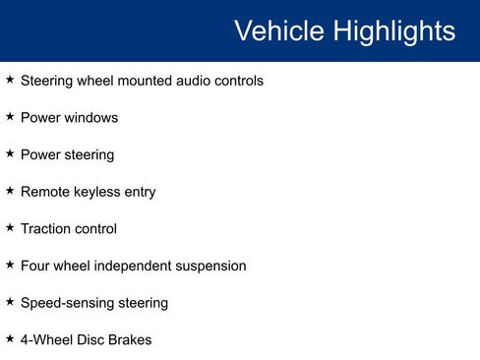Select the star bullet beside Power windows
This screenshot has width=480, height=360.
[x=10, y=117]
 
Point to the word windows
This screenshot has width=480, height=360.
[x=91, y=118]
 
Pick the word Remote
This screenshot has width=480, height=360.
[x=44, y=192]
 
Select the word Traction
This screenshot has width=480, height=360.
[x=45, y=229]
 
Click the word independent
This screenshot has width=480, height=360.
[x=141, y=266]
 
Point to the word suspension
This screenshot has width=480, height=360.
[x=213, y=266]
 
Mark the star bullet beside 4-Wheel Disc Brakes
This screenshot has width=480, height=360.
[x=10, y=339]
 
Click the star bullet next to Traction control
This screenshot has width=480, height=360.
[x=10, y=228]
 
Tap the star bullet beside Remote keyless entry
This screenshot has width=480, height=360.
[x=10, y=191]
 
